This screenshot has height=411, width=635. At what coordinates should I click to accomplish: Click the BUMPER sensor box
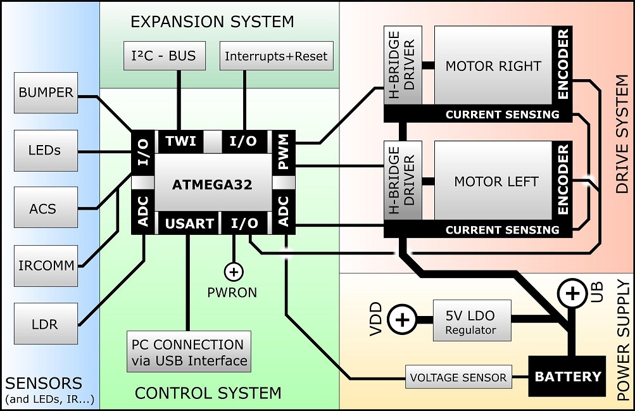[46, 93]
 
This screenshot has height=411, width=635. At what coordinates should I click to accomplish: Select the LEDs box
[46, 151]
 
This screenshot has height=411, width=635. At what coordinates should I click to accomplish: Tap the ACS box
[46, 208]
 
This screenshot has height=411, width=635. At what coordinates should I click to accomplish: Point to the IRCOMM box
[46, 266]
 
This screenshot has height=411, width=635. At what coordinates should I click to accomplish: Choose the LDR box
[46, 324]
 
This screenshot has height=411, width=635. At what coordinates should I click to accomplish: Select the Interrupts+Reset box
[276, 56]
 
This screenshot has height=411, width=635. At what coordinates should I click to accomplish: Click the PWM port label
[282, 155]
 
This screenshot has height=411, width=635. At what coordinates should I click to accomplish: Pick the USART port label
[190, 224]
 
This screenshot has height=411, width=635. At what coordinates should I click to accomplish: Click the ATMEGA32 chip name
[212, 185]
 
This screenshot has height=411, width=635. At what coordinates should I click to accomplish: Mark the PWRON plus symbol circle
[234, 272]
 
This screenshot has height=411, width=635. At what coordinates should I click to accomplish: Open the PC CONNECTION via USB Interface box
[189, 352]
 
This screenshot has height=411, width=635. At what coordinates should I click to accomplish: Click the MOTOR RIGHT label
[493, 66]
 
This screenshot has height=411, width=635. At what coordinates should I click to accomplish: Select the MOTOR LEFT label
[496, 182]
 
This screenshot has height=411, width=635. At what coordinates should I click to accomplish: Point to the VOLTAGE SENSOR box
[458, 378]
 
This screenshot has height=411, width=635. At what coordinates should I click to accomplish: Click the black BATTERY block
[568, 377]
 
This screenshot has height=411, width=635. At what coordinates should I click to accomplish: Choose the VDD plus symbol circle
[401, 320]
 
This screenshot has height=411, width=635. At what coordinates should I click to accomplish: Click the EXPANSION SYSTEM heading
[212, 22]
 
